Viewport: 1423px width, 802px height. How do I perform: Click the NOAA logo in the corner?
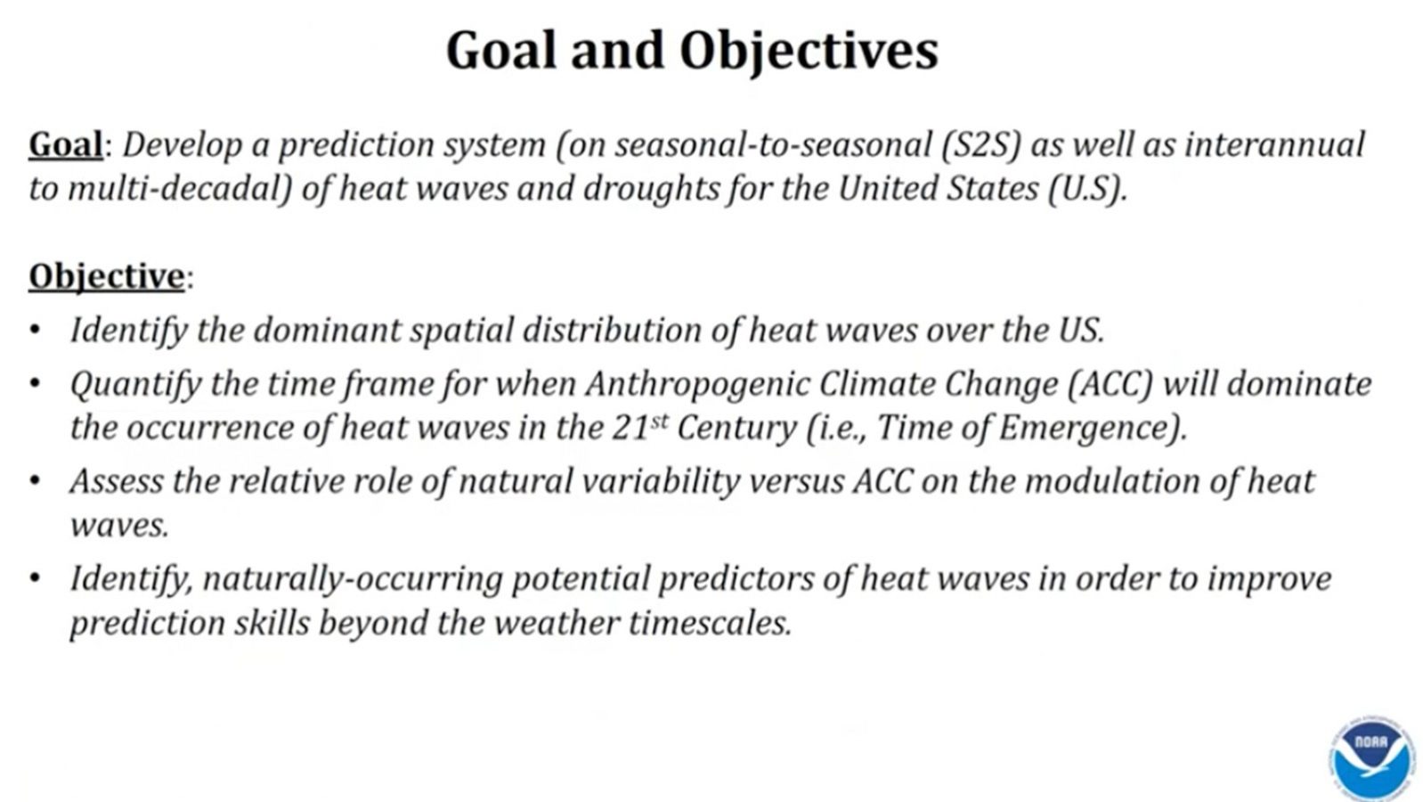(1372, 758)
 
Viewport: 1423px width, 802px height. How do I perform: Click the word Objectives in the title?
(809, 51)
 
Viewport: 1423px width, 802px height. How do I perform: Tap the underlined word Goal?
(65, 145)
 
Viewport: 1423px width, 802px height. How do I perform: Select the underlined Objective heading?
(107, 277)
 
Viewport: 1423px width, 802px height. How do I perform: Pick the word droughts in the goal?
(651, 190)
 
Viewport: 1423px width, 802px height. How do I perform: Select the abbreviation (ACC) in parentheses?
(1110, 384)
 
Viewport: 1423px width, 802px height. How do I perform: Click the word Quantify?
(135, 384)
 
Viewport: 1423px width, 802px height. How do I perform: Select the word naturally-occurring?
(353, 579)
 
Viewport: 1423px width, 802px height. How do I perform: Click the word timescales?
(711, 623)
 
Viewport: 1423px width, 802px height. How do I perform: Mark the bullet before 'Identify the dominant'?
(36, 331)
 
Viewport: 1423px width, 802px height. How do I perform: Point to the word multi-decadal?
(179, 190)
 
